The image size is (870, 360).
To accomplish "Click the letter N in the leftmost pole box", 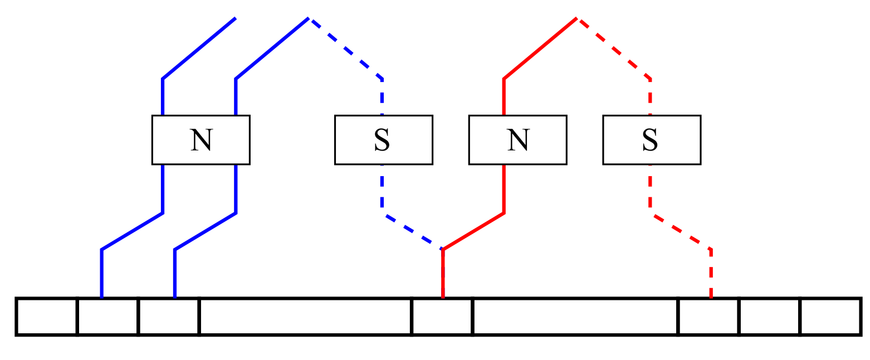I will [201, 140].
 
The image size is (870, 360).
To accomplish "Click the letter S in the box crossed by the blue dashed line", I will [383, 140].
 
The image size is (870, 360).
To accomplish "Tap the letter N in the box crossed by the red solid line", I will [518, 140].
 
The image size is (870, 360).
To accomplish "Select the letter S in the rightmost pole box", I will [651, 140].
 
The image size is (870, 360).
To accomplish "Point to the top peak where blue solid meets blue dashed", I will [309, 18].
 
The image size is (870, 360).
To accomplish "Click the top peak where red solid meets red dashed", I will [577, 18].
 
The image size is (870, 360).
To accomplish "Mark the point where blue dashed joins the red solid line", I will [443, 249].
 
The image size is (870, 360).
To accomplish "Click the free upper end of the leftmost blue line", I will [236, 18].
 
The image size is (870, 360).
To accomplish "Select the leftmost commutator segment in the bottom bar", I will [47, 317].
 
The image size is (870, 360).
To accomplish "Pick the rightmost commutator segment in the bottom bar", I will [830, 317].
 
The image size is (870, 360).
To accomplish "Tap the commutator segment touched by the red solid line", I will [442, 317].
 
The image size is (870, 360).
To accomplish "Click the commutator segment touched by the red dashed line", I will [708, 317].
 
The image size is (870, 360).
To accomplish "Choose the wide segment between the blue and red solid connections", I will [305, 317].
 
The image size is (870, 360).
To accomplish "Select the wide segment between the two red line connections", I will [575, 317].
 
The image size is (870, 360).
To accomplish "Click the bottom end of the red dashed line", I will [711, 297].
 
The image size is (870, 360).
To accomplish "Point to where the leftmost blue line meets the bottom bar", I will [102, 298].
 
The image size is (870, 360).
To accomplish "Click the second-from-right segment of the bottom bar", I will [769, 317].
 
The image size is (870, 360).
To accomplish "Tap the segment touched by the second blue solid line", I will [169, 317].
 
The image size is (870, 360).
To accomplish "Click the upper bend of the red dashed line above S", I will [650, 79].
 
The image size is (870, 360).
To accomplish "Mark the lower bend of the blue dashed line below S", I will [383, 213].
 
